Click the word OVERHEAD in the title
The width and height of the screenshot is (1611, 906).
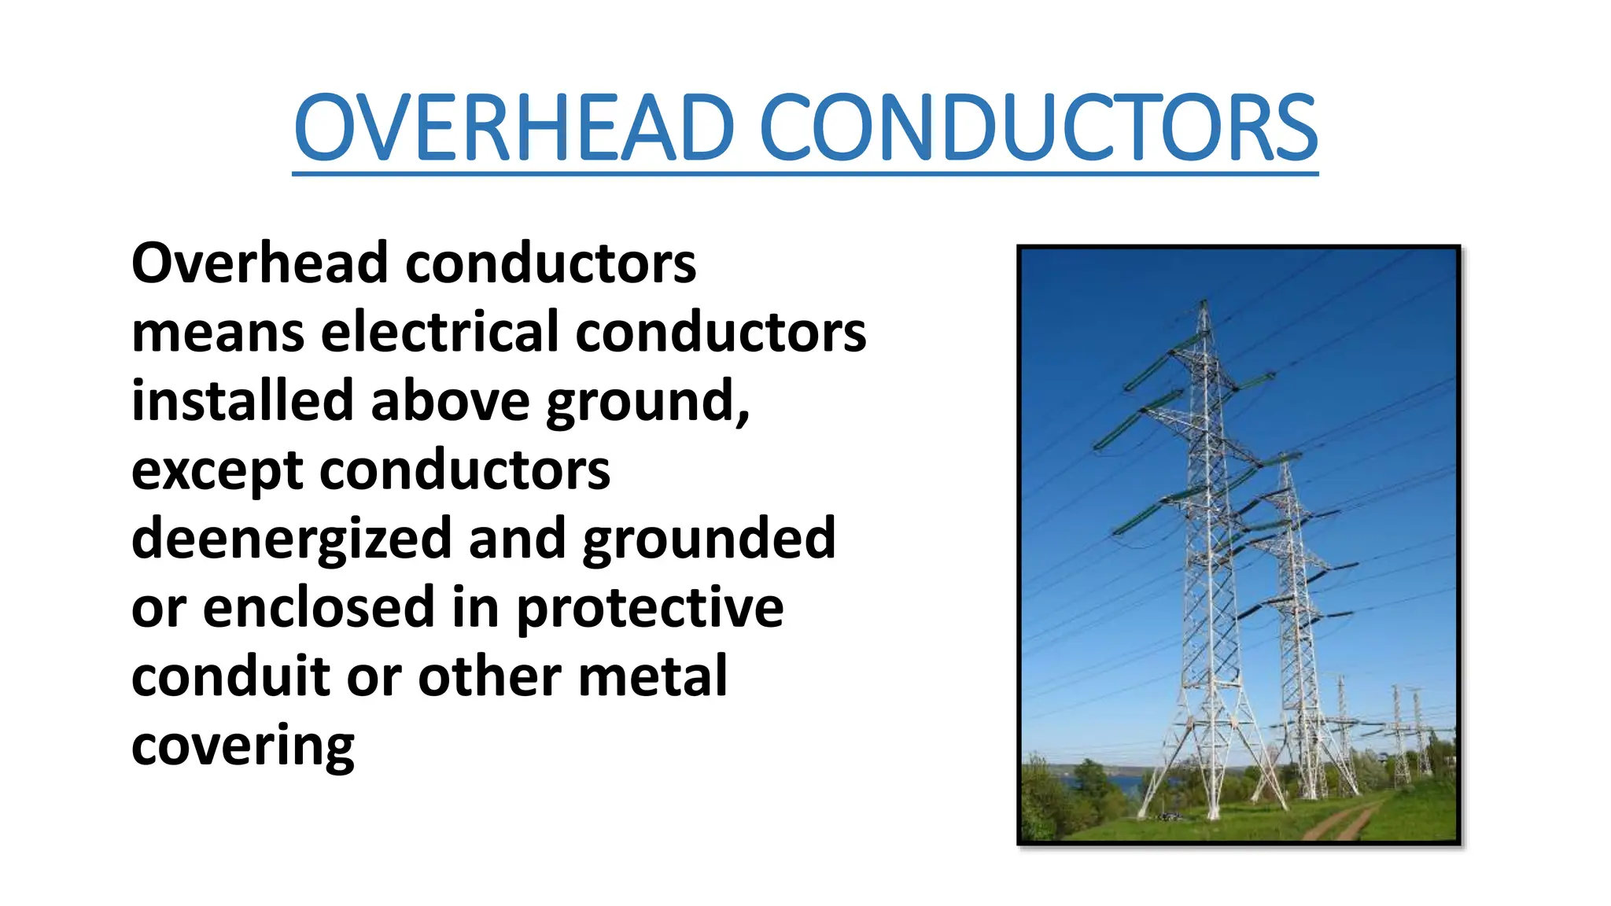click(514, 128)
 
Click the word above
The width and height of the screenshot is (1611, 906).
click(451, 401)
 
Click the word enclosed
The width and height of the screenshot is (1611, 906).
click(319, 608)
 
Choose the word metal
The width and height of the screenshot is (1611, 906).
click(652, 677)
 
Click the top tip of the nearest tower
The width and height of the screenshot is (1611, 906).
click(1204, 302)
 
